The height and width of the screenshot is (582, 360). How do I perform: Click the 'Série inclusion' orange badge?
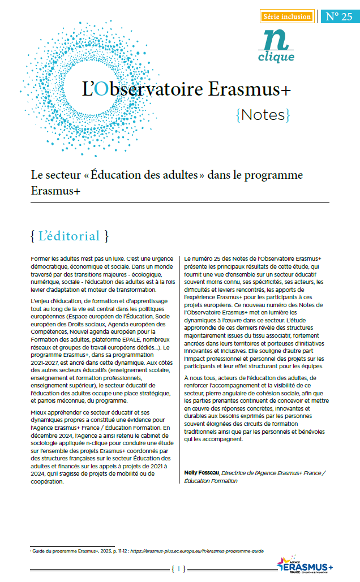click(x=287, y=16)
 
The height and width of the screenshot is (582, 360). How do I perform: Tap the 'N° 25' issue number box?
click(x=338, y=16)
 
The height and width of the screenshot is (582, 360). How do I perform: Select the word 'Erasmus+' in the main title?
click(x=250, y=89)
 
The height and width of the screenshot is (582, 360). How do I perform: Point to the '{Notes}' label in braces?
click(x=262, y=115)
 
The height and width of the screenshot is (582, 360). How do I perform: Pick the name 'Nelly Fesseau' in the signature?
click(x=202, y=472)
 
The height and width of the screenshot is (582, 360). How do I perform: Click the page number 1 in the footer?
click(x=179, y=568)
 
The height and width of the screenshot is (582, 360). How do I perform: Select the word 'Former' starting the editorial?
click(x=41, y=258)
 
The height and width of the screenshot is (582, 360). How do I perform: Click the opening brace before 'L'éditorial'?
click(x=33, y=235)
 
